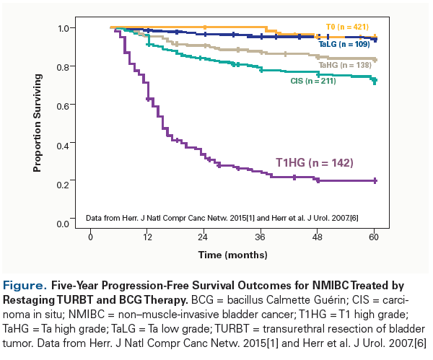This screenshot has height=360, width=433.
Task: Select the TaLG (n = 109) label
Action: point(344,45)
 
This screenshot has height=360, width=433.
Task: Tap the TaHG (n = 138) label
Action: point(344,66)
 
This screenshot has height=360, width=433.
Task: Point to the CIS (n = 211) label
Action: point(312,81)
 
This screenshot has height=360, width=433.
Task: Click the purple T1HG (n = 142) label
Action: point(314,163)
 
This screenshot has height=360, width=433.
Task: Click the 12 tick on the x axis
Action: point(147,237)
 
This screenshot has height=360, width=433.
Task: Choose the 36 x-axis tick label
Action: point(261,237)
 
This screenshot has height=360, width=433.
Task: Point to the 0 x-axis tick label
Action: point(91,237)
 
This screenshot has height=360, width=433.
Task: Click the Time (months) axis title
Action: point(232,255)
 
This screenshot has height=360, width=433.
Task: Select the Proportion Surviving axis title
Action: point(36,125)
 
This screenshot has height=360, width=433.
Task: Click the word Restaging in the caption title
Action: point(30,298)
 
